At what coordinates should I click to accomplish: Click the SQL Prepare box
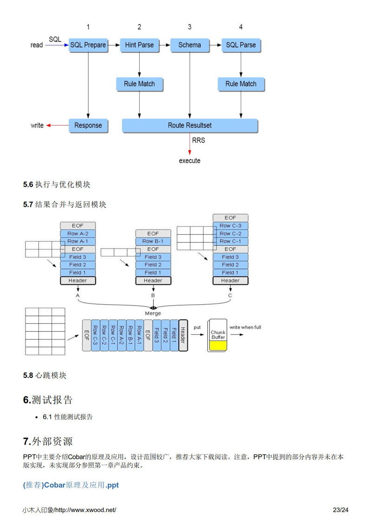88,45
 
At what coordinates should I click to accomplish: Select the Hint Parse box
139,45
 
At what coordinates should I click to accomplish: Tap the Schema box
190,45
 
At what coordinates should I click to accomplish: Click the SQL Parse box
241,45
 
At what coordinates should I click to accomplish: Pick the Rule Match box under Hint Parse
139,84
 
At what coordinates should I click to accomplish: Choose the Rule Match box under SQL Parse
241,84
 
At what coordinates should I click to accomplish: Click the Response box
88,125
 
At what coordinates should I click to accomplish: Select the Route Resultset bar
190,125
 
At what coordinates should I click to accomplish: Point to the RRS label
198,140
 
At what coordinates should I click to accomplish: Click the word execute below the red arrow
190,160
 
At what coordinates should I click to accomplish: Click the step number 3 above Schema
190,27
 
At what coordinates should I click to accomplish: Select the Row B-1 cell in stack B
153,241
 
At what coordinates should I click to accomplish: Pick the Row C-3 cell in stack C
230,226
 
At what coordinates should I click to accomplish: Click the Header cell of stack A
77,281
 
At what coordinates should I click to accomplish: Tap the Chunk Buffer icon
218,335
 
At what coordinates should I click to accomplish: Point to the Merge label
153,313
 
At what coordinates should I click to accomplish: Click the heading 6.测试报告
48,400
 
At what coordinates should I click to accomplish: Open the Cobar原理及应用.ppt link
71,485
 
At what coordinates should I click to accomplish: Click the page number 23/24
340,510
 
